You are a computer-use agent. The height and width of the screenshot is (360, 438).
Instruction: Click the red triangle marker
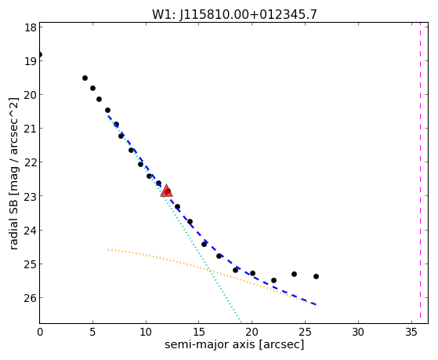tap(166, 191)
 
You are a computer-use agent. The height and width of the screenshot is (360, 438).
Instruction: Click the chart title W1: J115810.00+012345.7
tap(234, 14)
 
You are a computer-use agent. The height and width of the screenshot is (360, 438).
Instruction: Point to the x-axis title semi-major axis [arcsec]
tap(234, 344)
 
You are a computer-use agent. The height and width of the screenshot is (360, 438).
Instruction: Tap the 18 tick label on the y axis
tap(31, 27)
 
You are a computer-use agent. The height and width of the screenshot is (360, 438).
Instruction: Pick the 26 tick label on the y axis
tap(31, 298)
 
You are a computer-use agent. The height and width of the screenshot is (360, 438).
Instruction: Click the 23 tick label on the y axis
tap(31, 196)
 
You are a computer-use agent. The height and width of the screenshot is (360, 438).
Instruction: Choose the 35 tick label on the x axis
tap(411, 333)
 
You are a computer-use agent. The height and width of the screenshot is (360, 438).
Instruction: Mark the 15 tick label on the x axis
tap(198, 333)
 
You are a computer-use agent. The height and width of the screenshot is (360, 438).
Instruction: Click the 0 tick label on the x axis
tap(40, 333)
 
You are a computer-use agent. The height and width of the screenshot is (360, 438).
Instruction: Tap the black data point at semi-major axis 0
tap(40, 54)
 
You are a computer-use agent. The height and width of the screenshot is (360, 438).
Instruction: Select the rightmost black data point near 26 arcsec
tap(316, 276)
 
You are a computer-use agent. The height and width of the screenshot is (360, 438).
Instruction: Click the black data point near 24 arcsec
tap(294, 275)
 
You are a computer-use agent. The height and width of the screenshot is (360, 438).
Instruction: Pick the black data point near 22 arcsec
tap(273, 280)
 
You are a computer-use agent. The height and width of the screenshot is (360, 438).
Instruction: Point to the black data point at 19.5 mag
tap(85, 78)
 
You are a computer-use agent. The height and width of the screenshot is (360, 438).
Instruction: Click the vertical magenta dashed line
tap(420, 173)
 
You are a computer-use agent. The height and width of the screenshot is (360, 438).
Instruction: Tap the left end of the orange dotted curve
tap(108, 249)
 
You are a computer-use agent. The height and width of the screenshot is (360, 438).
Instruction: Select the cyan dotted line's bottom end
tap(241, 322)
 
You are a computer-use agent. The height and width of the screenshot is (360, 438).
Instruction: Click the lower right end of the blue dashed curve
tap(316, 304)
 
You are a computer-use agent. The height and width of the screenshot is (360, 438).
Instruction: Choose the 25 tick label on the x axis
tap(305, 333)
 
